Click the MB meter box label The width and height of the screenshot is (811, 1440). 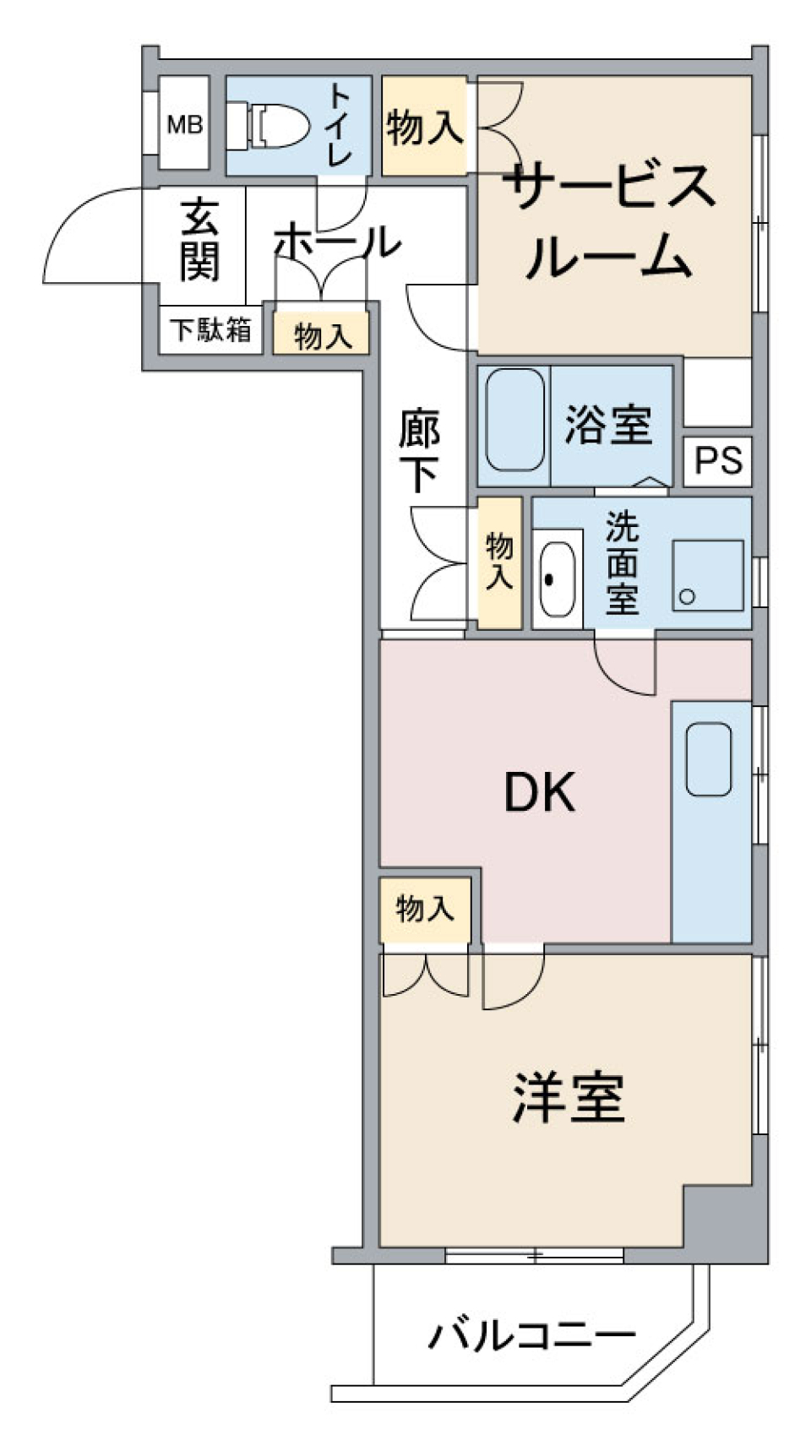click(184, 125)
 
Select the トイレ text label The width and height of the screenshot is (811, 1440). click(340, 125)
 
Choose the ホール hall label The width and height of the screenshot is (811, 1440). click(336, 242)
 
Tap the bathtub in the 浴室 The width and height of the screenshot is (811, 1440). click(514, 420)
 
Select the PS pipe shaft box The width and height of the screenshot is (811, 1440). click(717, 460)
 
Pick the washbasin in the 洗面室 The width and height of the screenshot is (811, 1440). click(558, 579)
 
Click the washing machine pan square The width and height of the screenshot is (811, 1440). click(708, 575)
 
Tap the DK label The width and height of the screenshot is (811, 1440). click(539, 793)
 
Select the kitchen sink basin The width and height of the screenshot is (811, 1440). click(709, 759)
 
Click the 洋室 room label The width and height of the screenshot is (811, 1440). click(569, 1098)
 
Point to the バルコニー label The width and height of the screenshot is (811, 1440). click(531, 1336)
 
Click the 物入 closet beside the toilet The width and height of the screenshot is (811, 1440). click(424, 127)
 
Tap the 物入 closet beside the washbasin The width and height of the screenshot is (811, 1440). click(499, 562)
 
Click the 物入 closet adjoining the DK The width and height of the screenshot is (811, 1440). click(424, 910)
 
